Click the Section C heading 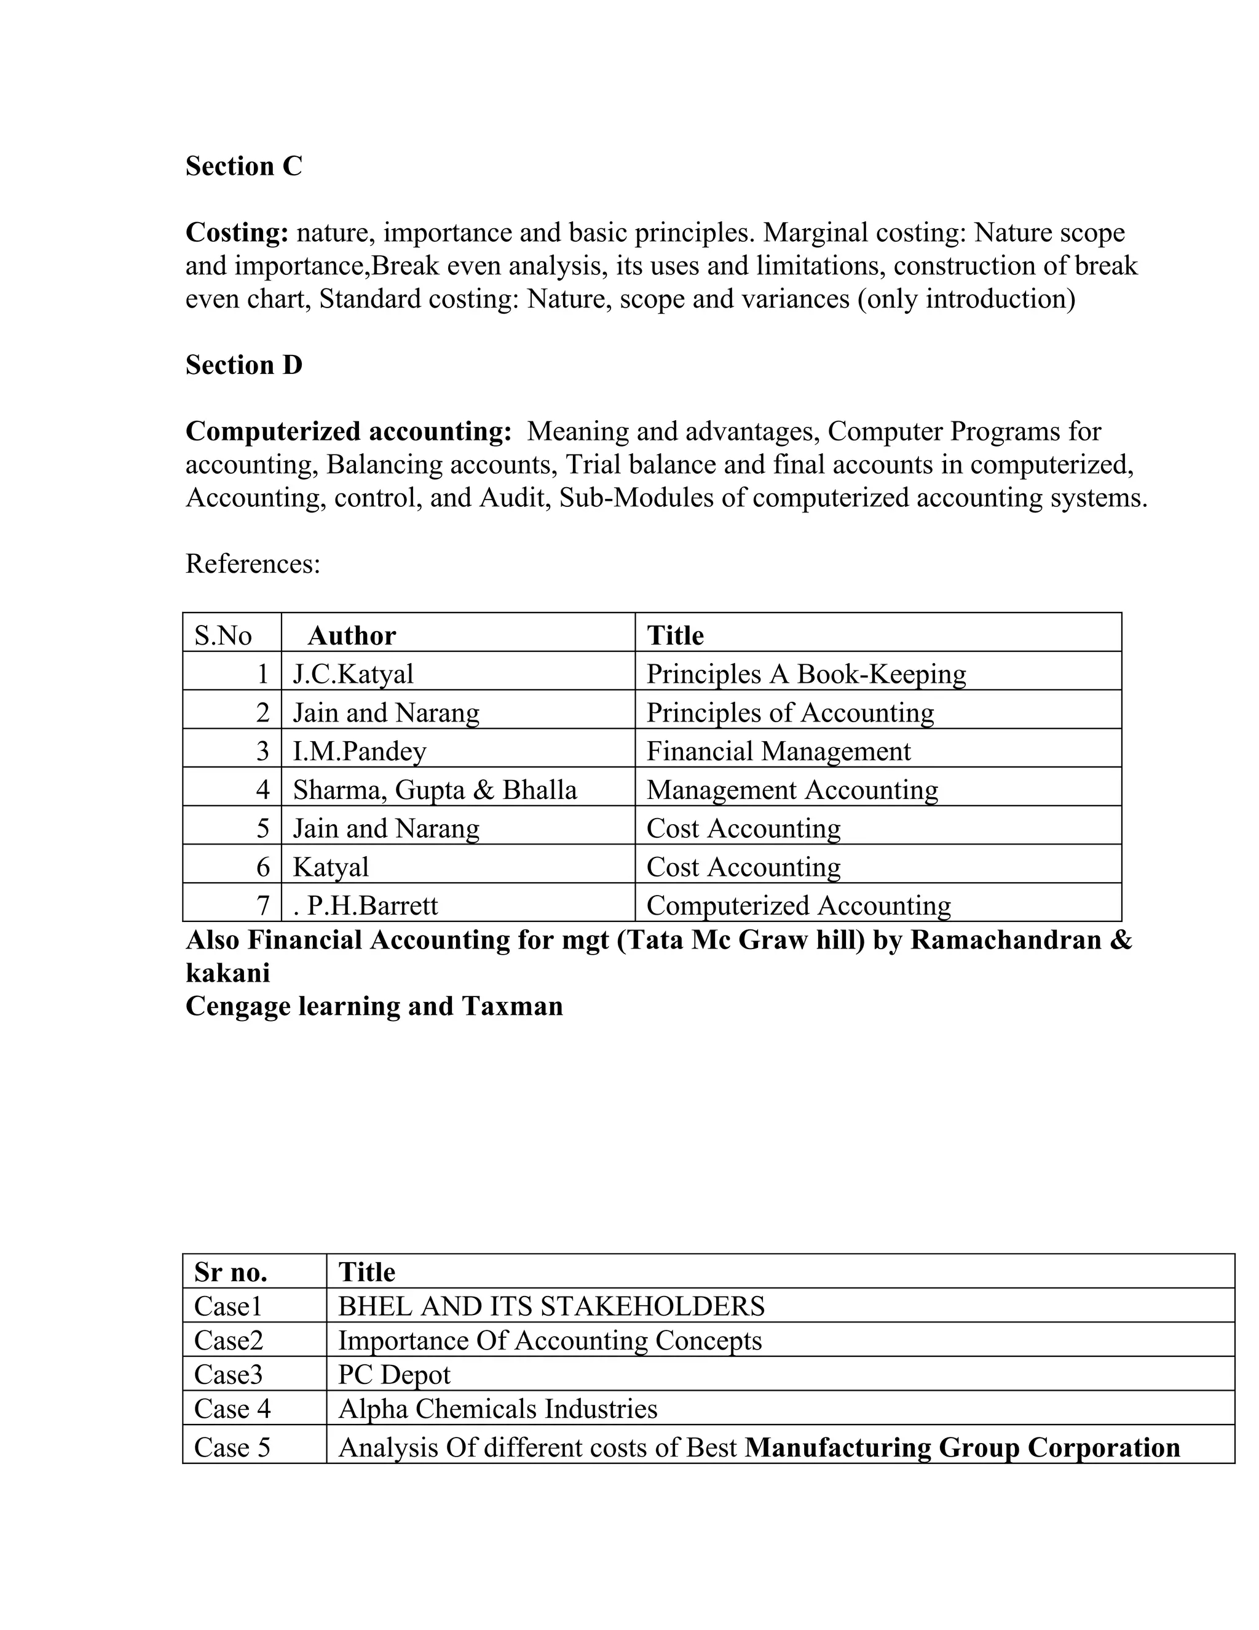[x=244, y=165]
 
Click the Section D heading [x=244, y=365]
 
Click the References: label [x=253, y=563]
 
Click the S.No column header [x=223, y=635]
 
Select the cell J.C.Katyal [x=353, y=674]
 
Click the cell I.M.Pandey [x=360, y=751]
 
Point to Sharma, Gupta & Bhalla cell [x=435, y=790]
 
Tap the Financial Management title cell [x=778, y=751]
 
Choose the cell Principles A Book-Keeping [x=805, y=674]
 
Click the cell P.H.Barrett [x=366, y=905]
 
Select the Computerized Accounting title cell [x=798, y=905]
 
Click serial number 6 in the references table [x=262, y=867]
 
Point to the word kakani [x=227, y=972]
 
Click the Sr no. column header [x=231, y=1272]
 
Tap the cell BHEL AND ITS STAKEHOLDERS [x=551, y=1306]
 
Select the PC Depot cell [x=394, y=1375]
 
